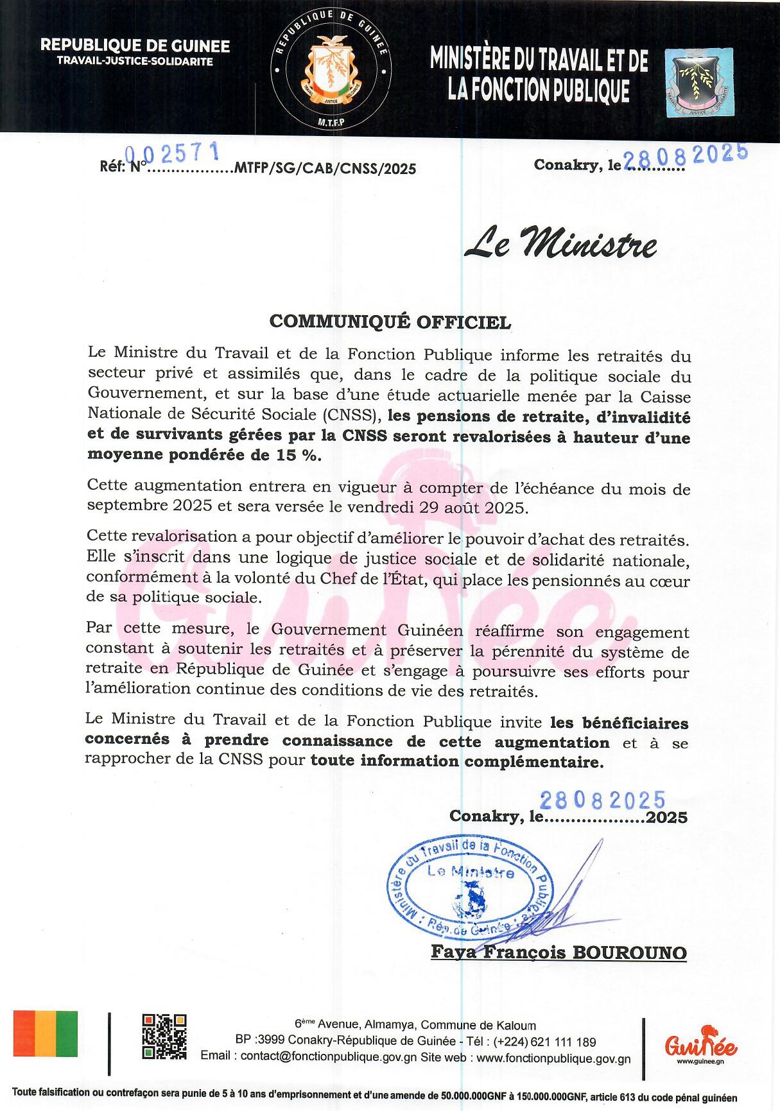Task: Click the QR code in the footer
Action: (164, 1036)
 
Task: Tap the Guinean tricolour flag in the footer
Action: (46, 1033)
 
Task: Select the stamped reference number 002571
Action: (172, 153)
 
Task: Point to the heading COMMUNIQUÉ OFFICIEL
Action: (390, 322)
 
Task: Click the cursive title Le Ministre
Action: (560, 243)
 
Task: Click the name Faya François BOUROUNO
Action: (559, 952)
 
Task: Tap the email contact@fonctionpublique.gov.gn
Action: (329, 1058)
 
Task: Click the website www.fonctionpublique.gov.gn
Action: (553, 1058)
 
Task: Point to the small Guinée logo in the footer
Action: (700, 1043)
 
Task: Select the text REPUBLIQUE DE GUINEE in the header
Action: (135, 46)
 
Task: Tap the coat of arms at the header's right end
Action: (699, 83)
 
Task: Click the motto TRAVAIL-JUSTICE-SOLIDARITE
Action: (135, 62)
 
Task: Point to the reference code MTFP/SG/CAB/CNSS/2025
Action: (325, 169)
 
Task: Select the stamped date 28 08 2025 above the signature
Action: (602, 800)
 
